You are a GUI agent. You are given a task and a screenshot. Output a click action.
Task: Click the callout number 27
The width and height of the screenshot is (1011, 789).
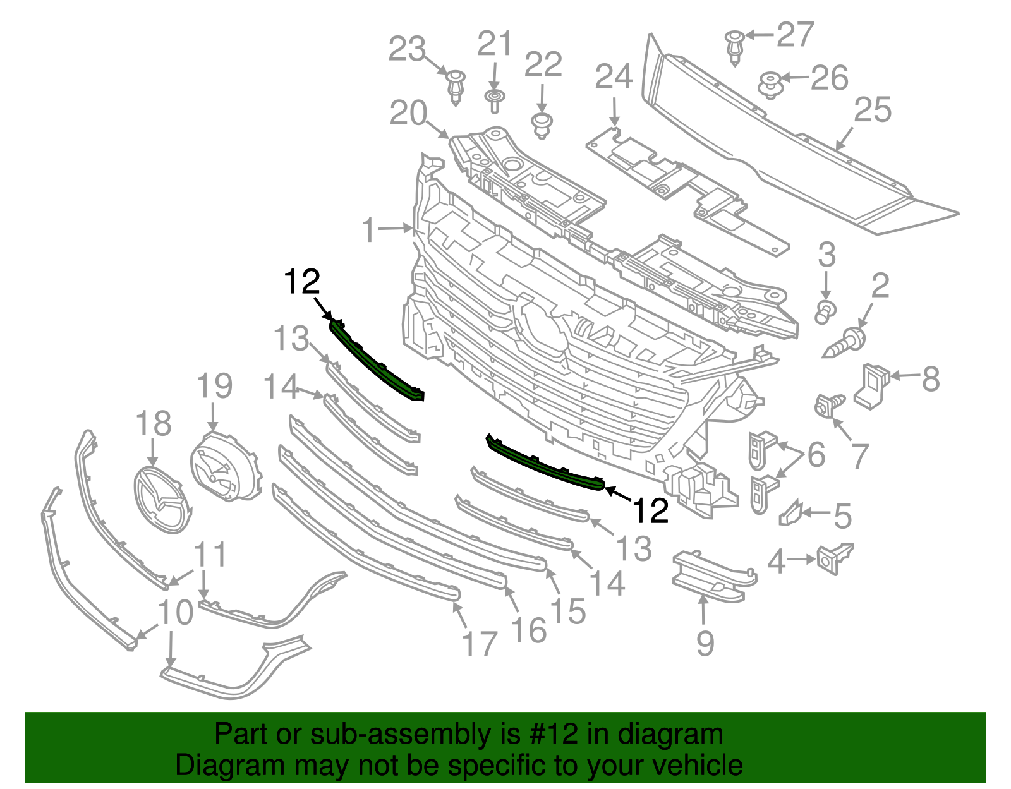click(795, 35)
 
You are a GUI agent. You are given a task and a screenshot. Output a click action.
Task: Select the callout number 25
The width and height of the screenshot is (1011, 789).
click(873, 111)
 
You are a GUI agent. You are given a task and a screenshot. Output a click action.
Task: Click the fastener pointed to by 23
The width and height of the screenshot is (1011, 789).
click(455, 87)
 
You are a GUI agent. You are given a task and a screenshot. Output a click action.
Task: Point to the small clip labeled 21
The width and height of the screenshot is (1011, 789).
click(495, 100)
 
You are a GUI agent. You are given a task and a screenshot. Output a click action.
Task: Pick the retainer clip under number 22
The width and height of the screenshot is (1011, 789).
click(541, 124)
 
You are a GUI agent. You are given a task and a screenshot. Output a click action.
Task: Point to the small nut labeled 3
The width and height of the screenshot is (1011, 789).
click(825, 311)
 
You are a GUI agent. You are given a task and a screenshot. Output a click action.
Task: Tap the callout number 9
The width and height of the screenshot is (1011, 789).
click(705, 644)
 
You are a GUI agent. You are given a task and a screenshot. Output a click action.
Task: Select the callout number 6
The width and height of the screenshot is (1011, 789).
click(816, 455)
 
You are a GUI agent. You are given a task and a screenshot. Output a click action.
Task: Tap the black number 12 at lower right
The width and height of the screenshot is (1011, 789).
click(650, 510)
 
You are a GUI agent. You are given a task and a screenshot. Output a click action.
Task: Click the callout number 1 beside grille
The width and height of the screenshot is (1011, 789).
click(369, 231)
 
